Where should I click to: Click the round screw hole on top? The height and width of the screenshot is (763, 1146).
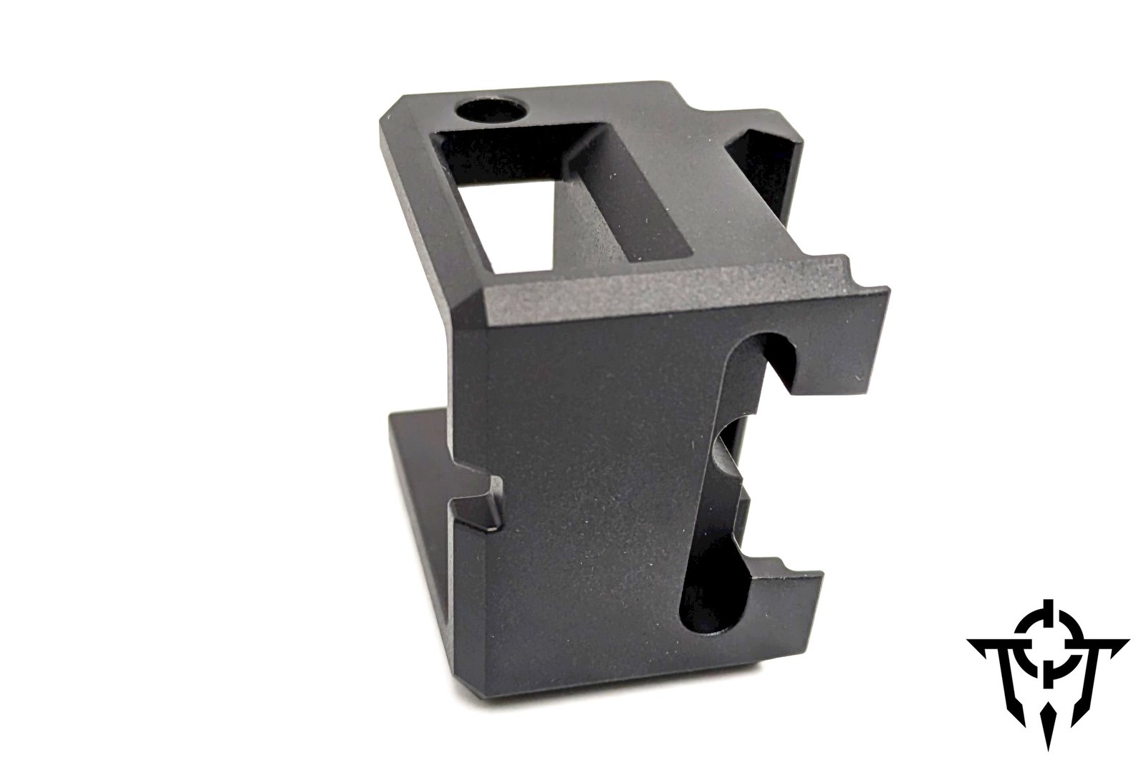[491, 111]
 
